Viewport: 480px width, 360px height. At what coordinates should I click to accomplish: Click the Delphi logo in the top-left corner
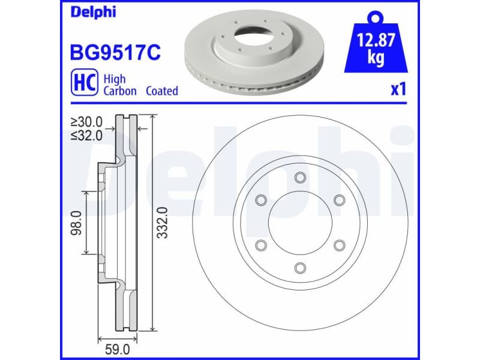[94, 13]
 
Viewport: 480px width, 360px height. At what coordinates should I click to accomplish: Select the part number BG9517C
[116, 52]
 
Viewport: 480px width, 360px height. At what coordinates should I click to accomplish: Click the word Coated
[159, 91]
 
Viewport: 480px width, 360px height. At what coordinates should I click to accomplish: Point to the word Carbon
[121, 91]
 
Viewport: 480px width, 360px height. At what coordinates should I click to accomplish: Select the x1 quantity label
[398, 90]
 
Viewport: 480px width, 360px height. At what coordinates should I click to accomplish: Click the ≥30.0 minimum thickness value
[86, 122]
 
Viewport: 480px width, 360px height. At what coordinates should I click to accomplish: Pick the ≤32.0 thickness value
[86, 134]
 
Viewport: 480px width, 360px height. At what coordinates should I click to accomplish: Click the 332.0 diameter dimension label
[161, 223]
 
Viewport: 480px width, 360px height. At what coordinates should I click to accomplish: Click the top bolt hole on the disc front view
[299, 177]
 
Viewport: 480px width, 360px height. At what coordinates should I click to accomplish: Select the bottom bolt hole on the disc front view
[299, 268]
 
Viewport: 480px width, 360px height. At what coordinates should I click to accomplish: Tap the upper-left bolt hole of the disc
[260, 200]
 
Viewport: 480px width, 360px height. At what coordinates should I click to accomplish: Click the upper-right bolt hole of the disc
[339, 200]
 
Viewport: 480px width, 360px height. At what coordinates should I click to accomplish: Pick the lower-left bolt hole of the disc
[260, 245]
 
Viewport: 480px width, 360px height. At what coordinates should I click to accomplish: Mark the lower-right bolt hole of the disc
[339, 245]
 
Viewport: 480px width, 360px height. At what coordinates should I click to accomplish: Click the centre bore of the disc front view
[299, 223]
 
